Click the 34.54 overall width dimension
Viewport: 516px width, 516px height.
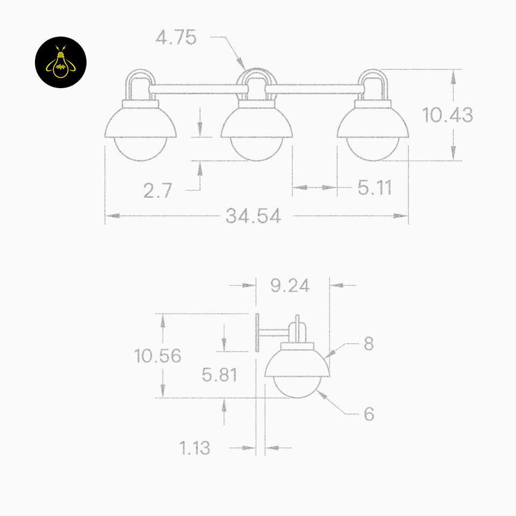(x=253, y=216)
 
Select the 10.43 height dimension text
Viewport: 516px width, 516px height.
(x=447, y=115)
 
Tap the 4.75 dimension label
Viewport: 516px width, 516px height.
(x=176, y=37)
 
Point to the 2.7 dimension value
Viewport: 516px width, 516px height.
(x=157, y=190)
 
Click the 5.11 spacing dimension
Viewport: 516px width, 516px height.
(x=375, y=188)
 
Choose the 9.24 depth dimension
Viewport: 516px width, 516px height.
(x=290, y=285)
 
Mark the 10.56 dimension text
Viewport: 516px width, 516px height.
(x=157, y=356)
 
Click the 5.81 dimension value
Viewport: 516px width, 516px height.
(x=219, y=375)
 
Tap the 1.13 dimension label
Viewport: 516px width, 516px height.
(x=195, y=448)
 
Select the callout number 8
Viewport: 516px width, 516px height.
(x=369, y=343)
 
